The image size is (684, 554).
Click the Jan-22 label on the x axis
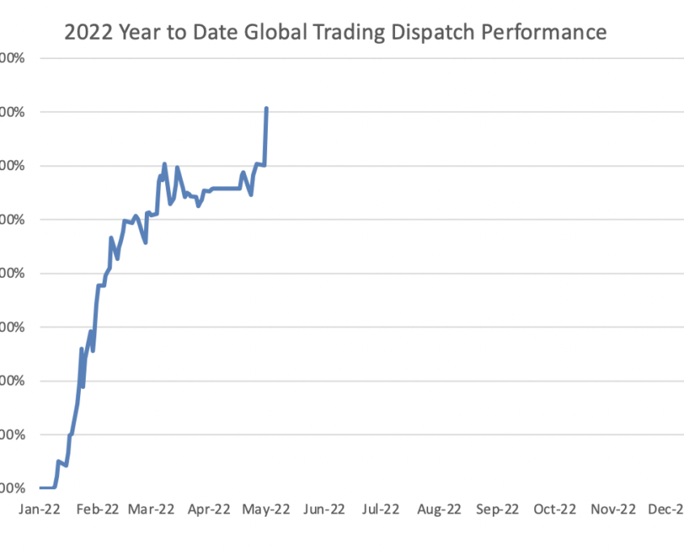click(38, 509)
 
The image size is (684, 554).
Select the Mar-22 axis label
click(152, 509)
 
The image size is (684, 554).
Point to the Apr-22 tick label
click(210, 509)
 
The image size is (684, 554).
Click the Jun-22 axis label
click(324, 509)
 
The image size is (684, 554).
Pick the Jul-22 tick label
click(380, 509)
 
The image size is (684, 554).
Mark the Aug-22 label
click(439, 509)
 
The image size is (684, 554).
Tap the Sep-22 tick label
click(496, 509)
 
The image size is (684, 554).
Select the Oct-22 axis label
click(554, 509)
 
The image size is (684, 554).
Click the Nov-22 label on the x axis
click(612, 509)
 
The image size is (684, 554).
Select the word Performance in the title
click(550, 32)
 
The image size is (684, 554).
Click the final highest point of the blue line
click(266, 109)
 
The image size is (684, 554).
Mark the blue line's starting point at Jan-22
click(40, 488)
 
